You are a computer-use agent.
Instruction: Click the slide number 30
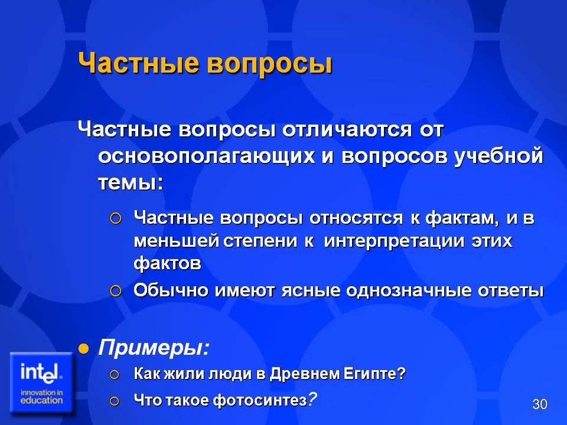[x=539, y=404]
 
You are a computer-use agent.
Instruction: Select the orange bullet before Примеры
[x=83, y=349]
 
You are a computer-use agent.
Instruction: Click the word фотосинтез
[x=260, y=400]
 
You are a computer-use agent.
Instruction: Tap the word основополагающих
[x=207, y=157]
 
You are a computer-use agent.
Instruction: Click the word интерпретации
[x=394, y=241]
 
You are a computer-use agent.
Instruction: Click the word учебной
[x=498, y=156]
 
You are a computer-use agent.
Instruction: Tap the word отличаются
[x=347, y=130]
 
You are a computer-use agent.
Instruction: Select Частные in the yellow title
[x=138, y=63]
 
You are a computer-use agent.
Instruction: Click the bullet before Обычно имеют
[x=115, y=291]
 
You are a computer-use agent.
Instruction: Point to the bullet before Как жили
[x=114, y=374]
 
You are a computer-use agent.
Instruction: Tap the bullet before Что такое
[x=114, y=401]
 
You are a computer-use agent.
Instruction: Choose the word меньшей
[x=177, y=241]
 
